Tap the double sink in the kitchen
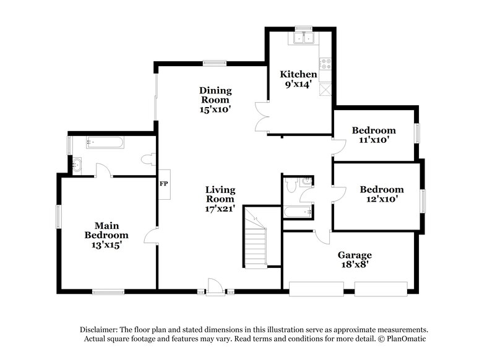304,38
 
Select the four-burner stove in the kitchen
324,62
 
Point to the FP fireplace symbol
164,184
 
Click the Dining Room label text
214,95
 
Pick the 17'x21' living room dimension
220,208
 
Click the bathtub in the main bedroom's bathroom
105,143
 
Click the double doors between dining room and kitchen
261,116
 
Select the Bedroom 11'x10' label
374,135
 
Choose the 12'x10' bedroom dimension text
382,199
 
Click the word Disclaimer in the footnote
98,330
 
